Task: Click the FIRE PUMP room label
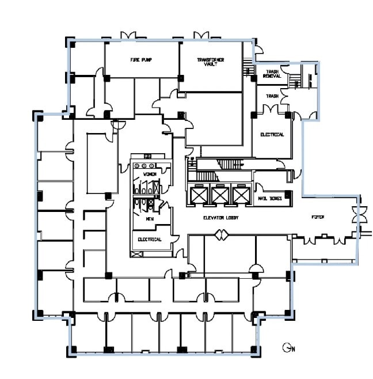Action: coord(141,60)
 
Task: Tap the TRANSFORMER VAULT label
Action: coord(210,62)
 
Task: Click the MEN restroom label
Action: coord(149,219)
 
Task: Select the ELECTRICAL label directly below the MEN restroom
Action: coord(149,239)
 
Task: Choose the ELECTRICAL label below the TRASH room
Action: coord(272,135)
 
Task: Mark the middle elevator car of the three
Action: coord(220,195)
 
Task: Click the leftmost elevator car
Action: coord(199,195)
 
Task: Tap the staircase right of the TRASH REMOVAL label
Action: coord(298,77)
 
